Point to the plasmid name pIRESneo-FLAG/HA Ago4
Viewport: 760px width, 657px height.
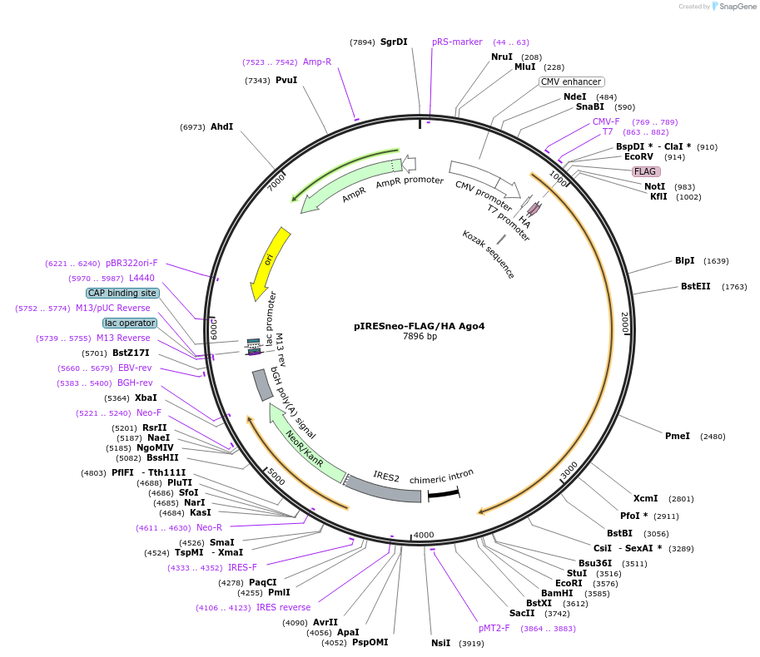[x=419, y=326]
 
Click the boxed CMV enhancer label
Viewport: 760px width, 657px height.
[x=571, y=82]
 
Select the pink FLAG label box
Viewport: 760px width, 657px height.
[x=646, y=171]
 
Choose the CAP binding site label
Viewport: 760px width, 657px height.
[x=122, y=293]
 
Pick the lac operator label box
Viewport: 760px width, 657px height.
[x=129, y=323]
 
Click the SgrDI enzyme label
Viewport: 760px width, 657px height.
[x=394, y=42]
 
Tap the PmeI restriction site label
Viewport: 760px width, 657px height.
[x=677, y=436]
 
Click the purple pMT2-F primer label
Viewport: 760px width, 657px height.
[x=494, y=628]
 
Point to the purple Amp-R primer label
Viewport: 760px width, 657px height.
[x=317, y=62]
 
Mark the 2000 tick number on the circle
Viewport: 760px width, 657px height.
[x=625, y=323]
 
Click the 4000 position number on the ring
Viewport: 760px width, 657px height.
[x=424, y=535]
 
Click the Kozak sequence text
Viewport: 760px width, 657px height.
[x=489, y=254]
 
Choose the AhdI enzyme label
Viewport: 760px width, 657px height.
[x=221, y=126]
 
